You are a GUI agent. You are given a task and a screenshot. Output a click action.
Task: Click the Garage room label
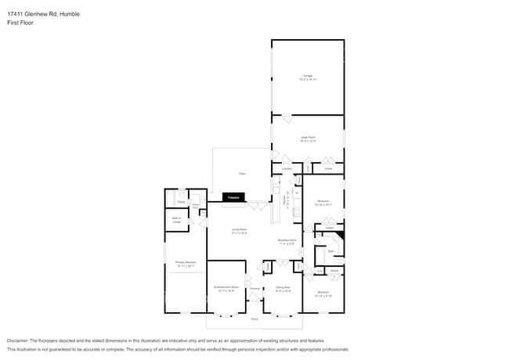pyautogui.click(x=308, y=76)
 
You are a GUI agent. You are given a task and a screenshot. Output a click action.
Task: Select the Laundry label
pyautogui.click(x=287, y=168)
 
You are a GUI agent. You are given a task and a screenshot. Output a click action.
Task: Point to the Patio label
pyautogui.click(x=243, y=173)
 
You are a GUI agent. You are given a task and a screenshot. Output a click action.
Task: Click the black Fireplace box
pyautogui.click(x=233, y=198)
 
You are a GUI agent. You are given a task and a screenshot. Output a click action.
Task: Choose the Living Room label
pyautogui.click(x=239, y=229)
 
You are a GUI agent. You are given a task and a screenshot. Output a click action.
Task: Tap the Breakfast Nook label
pyautogui.click(x=287, y=240)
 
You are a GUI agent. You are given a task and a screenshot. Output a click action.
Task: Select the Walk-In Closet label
pyautogui.click(x=176, y=220)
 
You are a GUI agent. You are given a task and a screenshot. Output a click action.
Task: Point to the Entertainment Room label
pyautogui.click(x=226, y=288)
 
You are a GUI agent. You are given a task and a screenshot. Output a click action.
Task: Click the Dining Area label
pyautogui.click(x=282, y=288)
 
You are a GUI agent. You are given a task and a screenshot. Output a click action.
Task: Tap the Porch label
pyautogui.click(x=254, y=319)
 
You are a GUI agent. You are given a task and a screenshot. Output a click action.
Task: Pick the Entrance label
pyautogui.click(x=254, y=289)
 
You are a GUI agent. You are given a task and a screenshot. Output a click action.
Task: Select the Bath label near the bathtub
pyautogui.click(x=331, y=251)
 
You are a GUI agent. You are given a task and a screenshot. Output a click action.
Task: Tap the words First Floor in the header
pyautogui.click(x=20, y=23)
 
